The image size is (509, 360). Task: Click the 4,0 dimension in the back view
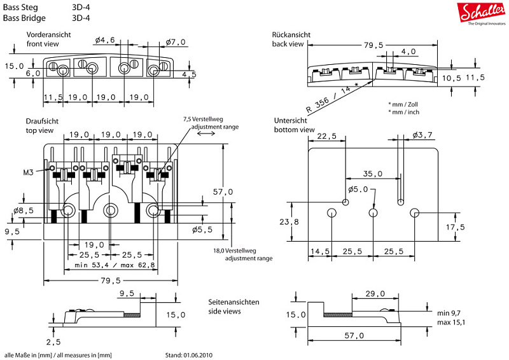pos(408,52)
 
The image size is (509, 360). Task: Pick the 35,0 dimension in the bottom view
pos(373,174)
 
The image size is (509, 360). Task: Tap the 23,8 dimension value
pos(288,222)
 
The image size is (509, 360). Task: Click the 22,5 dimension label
pos(326,136)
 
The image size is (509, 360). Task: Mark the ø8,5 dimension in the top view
pos(23,210)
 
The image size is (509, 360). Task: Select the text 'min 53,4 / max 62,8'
pos(115,265)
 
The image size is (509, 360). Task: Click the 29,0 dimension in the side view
pos(375,293)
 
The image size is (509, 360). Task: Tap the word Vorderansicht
pos(48,34)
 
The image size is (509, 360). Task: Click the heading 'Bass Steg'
pos(22,6)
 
